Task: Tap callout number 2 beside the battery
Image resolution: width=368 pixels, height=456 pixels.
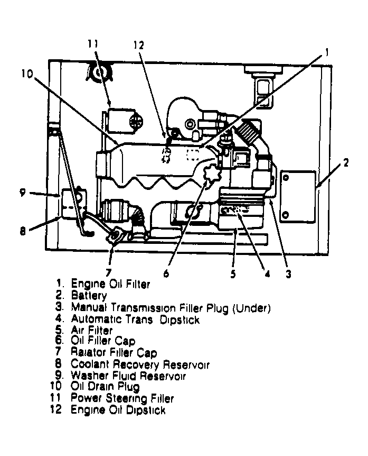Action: tap(345, 163)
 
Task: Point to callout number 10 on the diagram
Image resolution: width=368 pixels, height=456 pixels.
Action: tap(27, 74)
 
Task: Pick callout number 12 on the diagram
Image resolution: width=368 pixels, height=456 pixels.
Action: tap(138, 45)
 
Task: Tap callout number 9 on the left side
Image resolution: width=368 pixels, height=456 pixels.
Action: tap(22, 193)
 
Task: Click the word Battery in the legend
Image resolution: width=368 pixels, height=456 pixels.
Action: tap(89, 296)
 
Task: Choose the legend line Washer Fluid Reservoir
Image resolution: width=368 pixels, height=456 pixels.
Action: tap(128, 376)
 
